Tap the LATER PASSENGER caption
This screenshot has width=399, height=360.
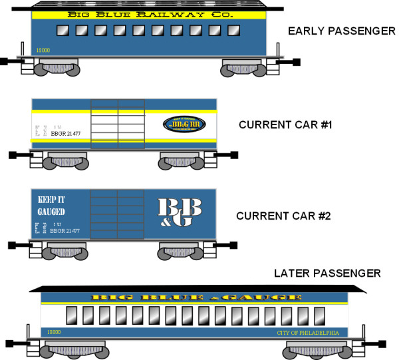tap(327, 273)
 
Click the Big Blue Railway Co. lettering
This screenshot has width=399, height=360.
tap(144, 14)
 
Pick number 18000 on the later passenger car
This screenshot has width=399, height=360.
tap(55, 331)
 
